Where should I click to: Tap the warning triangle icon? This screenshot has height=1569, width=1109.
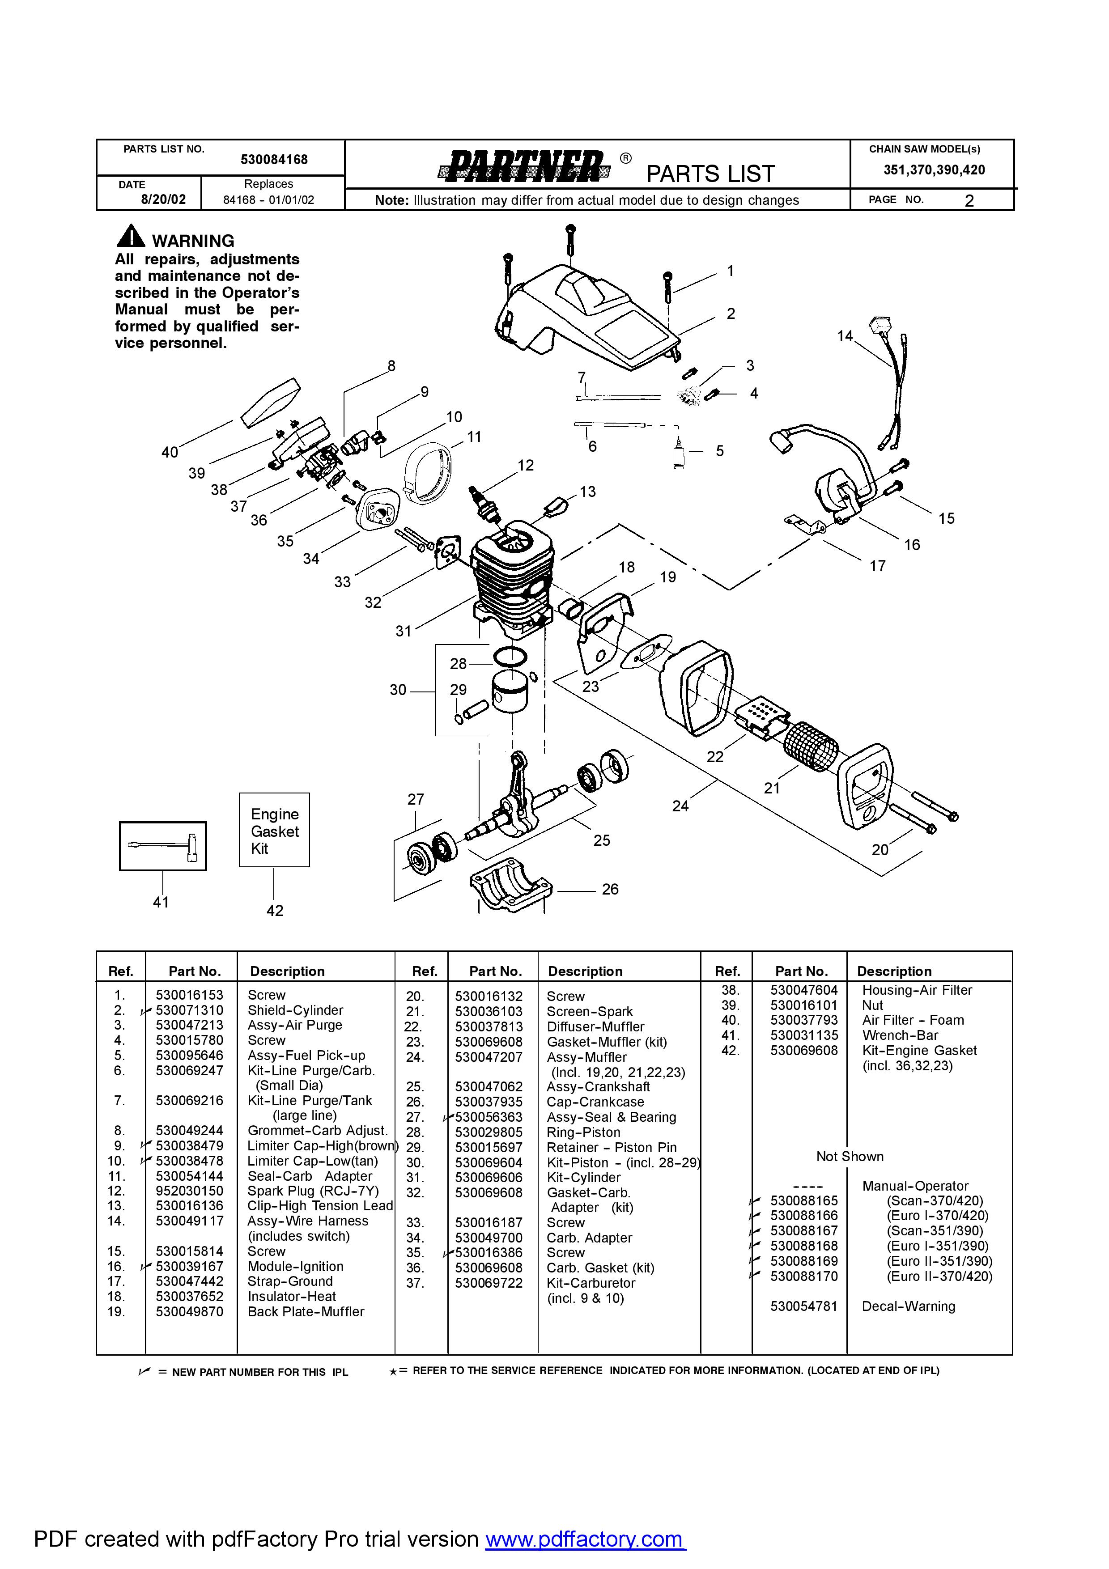pos(131,237)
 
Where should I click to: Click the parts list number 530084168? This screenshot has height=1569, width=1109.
pos(274,160)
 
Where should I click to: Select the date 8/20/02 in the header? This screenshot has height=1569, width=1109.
pos(163,199)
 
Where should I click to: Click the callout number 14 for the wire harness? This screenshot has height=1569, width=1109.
pos(845,336)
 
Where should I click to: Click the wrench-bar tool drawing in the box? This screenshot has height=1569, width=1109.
pos(163,846)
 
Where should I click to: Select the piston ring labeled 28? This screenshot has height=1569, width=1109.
pos(510,657)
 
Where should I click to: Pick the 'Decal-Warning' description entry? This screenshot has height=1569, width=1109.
pos(908,1306)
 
